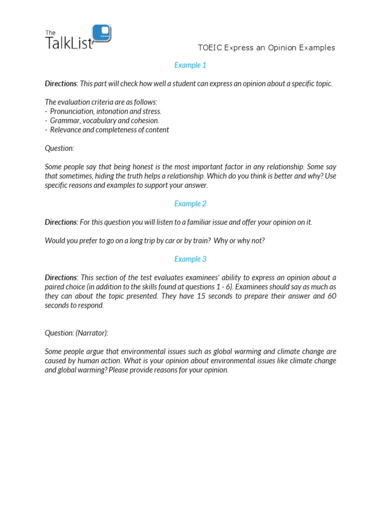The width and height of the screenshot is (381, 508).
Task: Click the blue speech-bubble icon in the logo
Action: [102, 33]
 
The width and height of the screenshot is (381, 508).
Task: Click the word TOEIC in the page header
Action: [209, 48]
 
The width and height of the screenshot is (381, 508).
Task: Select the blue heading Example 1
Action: [190, 65]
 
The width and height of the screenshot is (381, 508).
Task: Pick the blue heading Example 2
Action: [190, 203]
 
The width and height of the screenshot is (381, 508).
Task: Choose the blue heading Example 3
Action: [190, 259]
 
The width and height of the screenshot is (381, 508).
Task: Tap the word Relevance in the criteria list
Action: [65, 129]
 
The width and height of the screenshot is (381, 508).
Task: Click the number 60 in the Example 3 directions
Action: [331, 296]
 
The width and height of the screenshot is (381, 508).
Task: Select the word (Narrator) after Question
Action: [92, 333]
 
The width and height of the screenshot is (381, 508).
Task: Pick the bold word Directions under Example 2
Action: [61, 222]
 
